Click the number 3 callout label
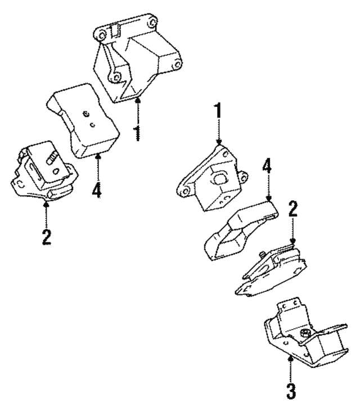click(290, 390)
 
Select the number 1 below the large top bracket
click(137, 133)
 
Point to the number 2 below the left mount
click(47, 235)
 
